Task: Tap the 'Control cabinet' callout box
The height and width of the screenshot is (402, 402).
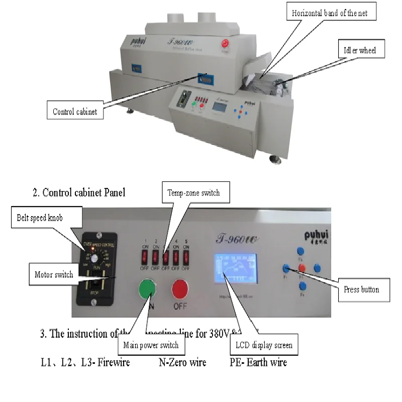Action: click(75, 112)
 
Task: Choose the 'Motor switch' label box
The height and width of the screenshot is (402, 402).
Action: click(54, 274)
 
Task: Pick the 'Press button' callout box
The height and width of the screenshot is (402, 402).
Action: click(362, 289)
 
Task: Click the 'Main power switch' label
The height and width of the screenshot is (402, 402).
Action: click(151, 345)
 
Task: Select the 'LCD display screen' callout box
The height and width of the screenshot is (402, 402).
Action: click(264, 345)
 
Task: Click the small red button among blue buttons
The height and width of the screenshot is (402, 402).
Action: click(301, 268)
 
